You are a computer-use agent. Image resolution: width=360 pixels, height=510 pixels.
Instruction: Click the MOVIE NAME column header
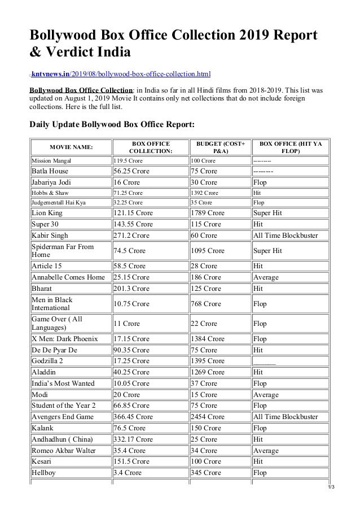[x=71, y=147]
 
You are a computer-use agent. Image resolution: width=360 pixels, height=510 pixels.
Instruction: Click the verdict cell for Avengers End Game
[x=285, y=417]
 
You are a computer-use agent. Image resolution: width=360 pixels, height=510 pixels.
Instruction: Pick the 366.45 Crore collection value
[x=133, y=417]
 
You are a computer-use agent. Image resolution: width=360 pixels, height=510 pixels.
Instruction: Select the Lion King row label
[x=47, y=213]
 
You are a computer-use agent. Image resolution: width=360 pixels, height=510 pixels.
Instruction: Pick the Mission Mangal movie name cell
[x=52, y=160]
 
